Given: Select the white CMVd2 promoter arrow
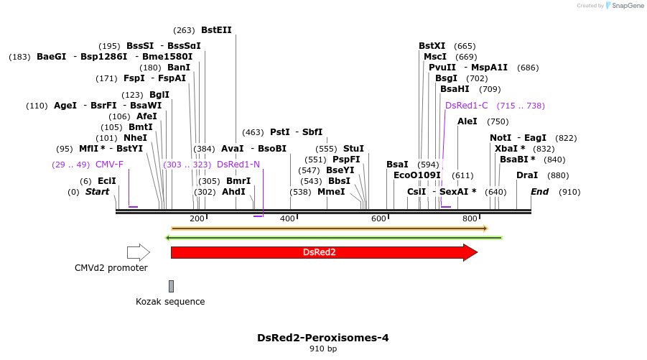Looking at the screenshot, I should click(x=138, y=252).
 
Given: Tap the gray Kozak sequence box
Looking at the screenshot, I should click(x=171, y=286).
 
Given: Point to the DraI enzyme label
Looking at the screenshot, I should click(x=527, y=175).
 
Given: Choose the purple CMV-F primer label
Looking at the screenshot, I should click(x=109, y=165).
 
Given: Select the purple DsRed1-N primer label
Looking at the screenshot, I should click(x=238, y=165).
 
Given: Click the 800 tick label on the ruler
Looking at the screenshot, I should click(x=470, y=218).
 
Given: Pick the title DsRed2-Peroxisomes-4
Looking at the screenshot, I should click(x=323, y=337).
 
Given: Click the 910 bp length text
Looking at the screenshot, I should click(x=323, y=349).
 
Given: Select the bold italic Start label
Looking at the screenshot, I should click(x=97, y=192).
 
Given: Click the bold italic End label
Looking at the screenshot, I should click(x=539, y=192).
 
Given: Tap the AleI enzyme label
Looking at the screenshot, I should click(x=467, y=121).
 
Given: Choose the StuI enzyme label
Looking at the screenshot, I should click(x=353, y=149).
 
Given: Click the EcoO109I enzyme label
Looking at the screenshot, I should click(x=416, y=175).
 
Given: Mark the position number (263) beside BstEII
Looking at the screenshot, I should click(x=184, y=30).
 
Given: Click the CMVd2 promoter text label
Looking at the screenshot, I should click(x=111, y=268).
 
